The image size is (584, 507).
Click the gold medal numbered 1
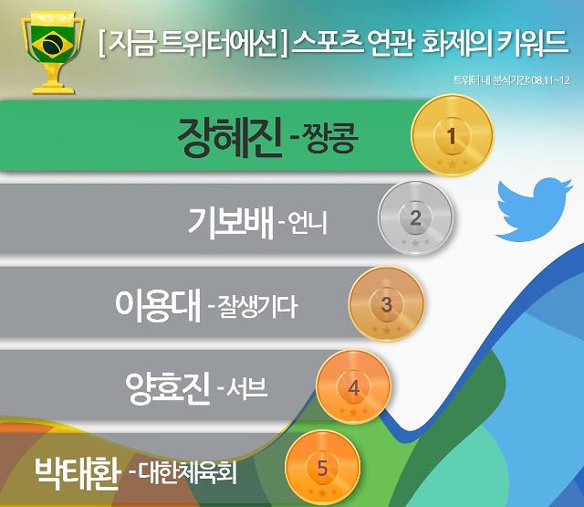click(452, 135)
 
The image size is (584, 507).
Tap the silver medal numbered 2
click(416, 217)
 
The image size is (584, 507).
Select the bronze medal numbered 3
click(386, 304)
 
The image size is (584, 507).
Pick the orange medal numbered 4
click(353, 387)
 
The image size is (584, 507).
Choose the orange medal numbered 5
click(322, 468)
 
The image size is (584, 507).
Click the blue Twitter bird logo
click(534, 209)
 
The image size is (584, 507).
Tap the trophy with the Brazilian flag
click(53, 52)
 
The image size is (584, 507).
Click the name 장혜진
click(229, 136)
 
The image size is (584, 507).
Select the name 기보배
click(231, 222)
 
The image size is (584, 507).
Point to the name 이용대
click(158, 305)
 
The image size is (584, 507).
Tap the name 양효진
click(168, 388)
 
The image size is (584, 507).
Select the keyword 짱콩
click(331, 138)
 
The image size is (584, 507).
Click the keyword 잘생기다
click(257, 306)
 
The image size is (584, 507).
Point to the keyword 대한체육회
click(188, 473)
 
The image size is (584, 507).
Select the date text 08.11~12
click(551, 80)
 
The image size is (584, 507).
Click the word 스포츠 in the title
click(328, 42)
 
